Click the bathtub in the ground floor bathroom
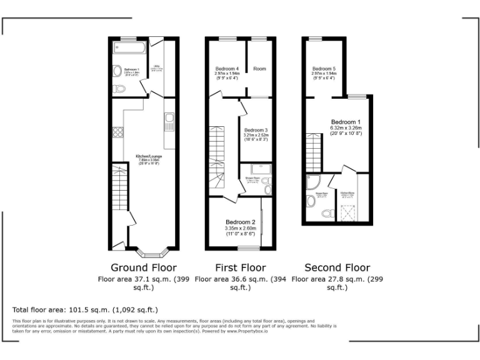(x=128, y=48)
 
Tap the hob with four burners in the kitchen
(x=117, y=132)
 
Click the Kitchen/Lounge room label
(x=149, y=158)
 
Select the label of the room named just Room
(x=259, y=68)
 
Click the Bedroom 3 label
(x=256, y=132)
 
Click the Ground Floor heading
(x=143, y=268)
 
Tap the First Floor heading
(x=241, y=268)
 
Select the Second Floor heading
(x=337, y=268)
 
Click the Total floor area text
(x=85, y=309)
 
